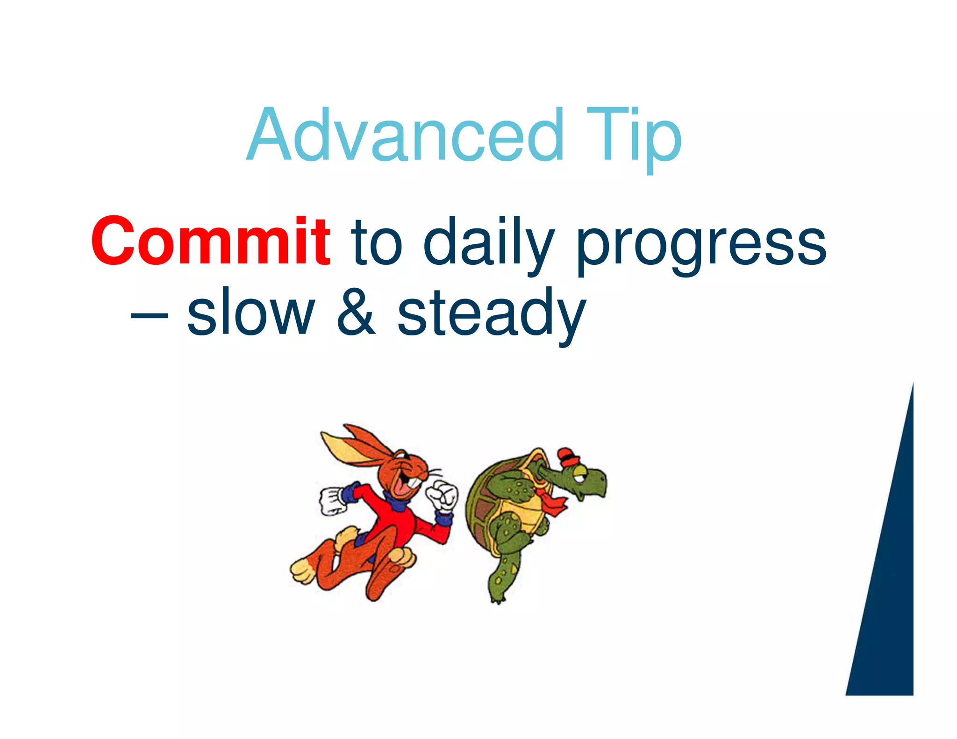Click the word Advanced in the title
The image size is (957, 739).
405,135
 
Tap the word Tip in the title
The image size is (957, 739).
633,135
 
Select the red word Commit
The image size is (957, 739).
211,242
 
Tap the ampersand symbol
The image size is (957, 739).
356,312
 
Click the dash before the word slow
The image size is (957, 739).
150,317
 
